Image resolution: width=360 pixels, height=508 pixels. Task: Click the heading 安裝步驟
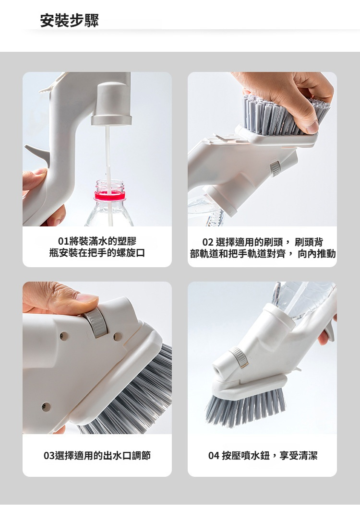tap(69, 20)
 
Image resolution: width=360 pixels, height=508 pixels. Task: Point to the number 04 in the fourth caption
tap(214, 456)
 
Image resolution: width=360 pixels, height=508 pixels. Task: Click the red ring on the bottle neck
tap(109, 195)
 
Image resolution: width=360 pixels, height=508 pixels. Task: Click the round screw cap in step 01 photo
tap(111, 104)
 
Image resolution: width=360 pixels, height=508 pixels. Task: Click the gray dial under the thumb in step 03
tap(96, 322)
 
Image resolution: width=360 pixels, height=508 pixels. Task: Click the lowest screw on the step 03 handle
tap(46, 406)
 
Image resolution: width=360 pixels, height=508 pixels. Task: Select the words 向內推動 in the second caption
tap(317, 253)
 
